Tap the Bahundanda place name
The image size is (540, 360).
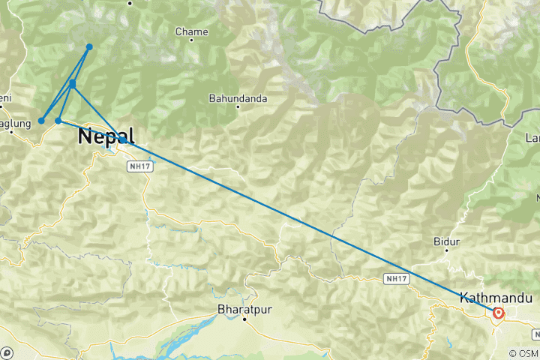click(238, 97)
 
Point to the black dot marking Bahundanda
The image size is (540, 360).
click(238, 106)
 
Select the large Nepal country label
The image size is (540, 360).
click(106, 136)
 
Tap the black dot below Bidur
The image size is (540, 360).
click(446, 251)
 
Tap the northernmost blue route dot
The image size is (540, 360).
click(89, 47)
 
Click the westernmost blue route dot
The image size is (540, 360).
click(41, 121)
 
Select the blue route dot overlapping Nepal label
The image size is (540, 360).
click(122, 139)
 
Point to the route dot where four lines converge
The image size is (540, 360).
click(73, 83)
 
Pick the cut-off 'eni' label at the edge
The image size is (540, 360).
click(5, 97)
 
